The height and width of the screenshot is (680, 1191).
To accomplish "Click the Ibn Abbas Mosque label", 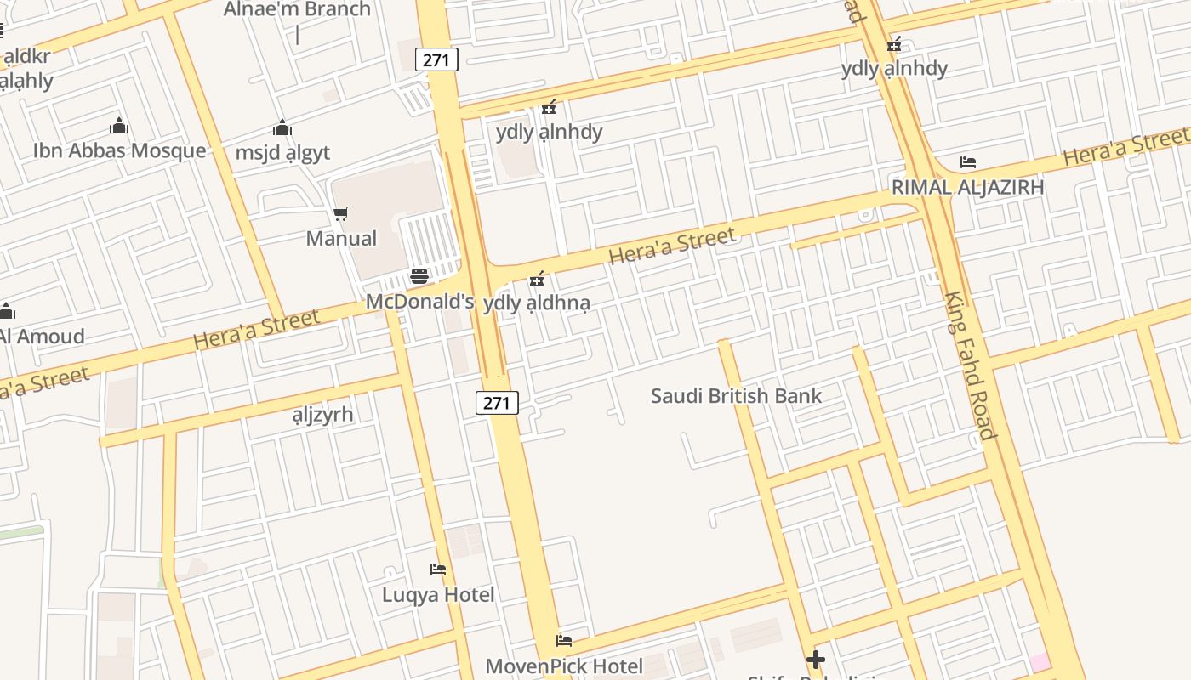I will coord(119,150).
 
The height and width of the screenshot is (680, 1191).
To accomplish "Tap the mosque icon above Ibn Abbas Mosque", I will coord(119,127).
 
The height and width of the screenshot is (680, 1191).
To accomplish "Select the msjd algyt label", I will coord(282,153).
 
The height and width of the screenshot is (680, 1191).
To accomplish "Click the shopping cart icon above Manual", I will coord(341,213).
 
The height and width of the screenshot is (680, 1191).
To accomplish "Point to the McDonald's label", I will coord(419,301).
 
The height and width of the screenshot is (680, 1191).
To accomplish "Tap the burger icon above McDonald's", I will coord(419,276).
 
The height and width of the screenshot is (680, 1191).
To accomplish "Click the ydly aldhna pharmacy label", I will coord(536,303).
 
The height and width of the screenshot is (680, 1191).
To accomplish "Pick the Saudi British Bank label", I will coord(736,395).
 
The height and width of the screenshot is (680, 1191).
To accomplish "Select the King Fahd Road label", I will coord(969,365).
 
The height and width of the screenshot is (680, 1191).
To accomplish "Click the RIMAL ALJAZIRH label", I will coord(967,187).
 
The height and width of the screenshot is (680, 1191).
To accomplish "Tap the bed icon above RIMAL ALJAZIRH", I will coord(967,162).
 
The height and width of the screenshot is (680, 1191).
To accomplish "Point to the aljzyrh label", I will coord(322,415).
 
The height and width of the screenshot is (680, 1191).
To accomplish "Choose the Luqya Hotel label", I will coord(438,594).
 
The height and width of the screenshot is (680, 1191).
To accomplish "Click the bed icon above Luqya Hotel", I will coord(438,569).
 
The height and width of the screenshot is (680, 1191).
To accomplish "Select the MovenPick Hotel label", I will coord(564,666).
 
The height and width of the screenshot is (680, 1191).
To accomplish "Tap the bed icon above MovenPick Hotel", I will coord(564,641).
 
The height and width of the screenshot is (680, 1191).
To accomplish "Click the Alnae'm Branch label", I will coord(297,9).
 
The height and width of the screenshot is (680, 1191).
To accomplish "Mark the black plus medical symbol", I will coord(816,659).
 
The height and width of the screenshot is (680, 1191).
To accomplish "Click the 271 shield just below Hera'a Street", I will coord(497,403).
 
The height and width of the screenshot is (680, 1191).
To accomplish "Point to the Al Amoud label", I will coord(41,336).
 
